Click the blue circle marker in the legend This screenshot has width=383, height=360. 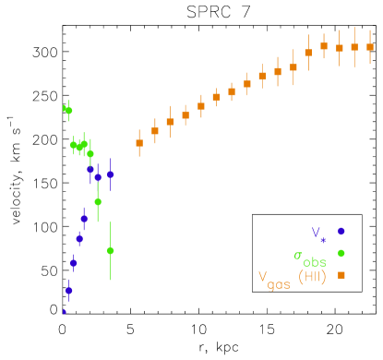(341, 231)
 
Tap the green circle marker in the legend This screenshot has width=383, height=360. (341, 253)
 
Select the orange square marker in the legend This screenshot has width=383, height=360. (341, 274)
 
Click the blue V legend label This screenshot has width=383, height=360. (316, 233)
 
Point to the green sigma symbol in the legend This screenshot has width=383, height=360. (298, 256)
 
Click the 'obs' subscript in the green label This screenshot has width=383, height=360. (315, 262)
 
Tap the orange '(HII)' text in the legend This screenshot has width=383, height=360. (312, 276)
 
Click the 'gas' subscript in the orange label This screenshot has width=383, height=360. (279, 284)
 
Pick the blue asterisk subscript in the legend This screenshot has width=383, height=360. (323, 239)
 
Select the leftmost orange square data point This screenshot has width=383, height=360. (139, 143)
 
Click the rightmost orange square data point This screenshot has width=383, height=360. (370, 46)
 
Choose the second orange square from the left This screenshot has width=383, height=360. (155, 131)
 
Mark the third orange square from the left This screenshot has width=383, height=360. (170, 122)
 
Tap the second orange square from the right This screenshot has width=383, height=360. (354, 47)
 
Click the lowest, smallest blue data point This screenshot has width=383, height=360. (64, 312)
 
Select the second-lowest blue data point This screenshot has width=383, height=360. (68, 290)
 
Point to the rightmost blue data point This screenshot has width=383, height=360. (110, 174)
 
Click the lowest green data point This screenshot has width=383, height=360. (110, 250)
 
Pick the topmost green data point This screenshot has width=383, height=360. (67, 110)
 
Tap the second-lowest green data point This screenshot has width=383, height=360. (98, 201)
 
